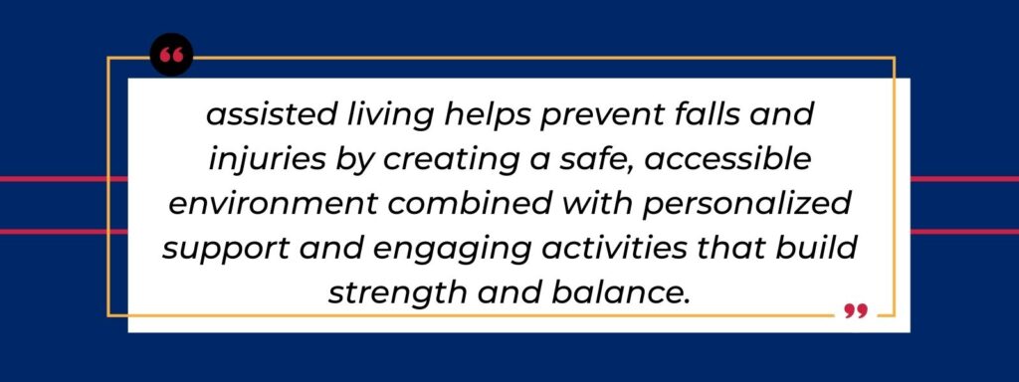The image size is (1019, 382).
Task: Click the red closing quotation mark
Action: [x=855, y=311]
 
